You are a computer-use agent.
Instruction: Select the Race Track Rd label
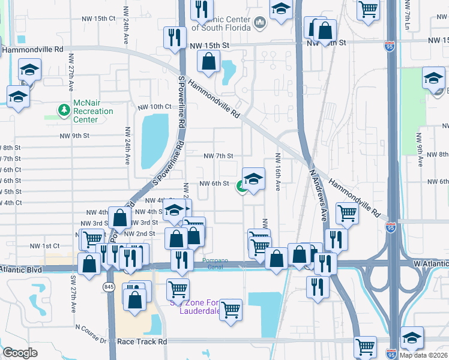click(x=142, y=341)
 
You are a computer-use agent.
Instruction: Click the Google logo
click(x=20, y=353)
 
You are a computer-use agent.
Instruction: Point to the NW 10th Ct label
click(x=154, y=107)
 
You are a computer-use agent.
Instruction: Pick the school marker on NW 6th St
click(x=253, y=180)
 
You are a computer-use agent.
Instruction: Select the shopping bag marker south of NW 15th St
click(x=208, y=62)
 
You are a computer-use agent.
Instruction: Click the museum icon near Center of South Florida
click(x=260, y=23)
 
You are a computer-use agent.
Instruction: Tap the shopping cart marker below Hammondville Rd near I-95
click(x=347, y=212)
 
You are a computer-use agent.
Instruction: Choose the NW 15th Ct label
click(x=96, y=19)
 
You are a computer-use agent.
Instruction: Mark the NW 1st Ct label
click(x=45, y=246)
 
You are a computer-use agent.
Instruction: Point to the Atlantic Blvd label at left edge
click(x=22, y=270)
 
